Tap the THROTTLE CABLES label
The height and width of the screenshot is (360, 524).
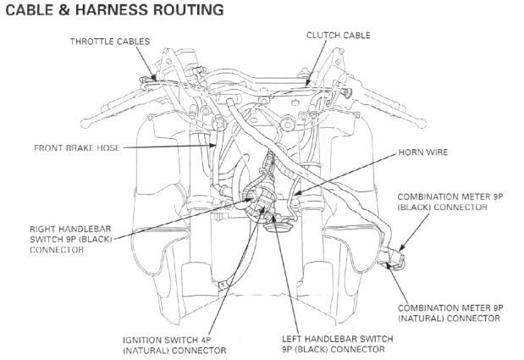coord(109,41)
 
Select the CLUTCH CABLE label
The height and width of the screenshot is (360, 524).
coord(339,36)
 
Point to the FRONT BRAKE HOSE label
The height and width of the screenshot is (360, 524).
coord(77,147)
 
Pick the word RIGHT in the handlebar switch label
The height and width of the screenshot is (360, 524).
coord(43,229)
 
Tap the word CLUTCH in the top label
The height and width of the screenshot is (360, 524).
coord(323,36)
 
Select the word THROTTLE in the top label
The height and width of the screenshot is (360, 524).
coord(93,41)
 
